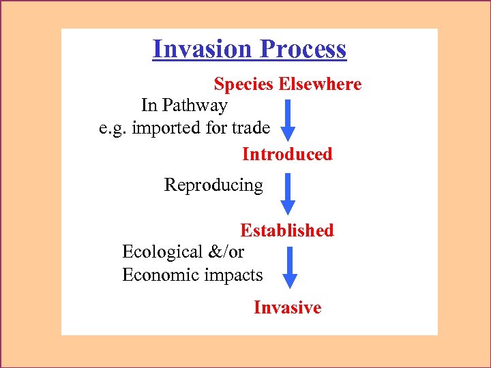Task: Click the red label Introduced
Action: click(287, 154)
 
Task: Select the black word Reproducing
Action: click(213, 185)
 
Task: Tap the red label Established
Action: click(287, 230)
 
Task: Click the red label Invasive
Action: click(287, 307)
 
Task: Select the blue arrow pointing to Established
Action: click(288, 194)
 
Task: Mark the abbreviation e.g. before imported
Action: click(112, 127)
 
